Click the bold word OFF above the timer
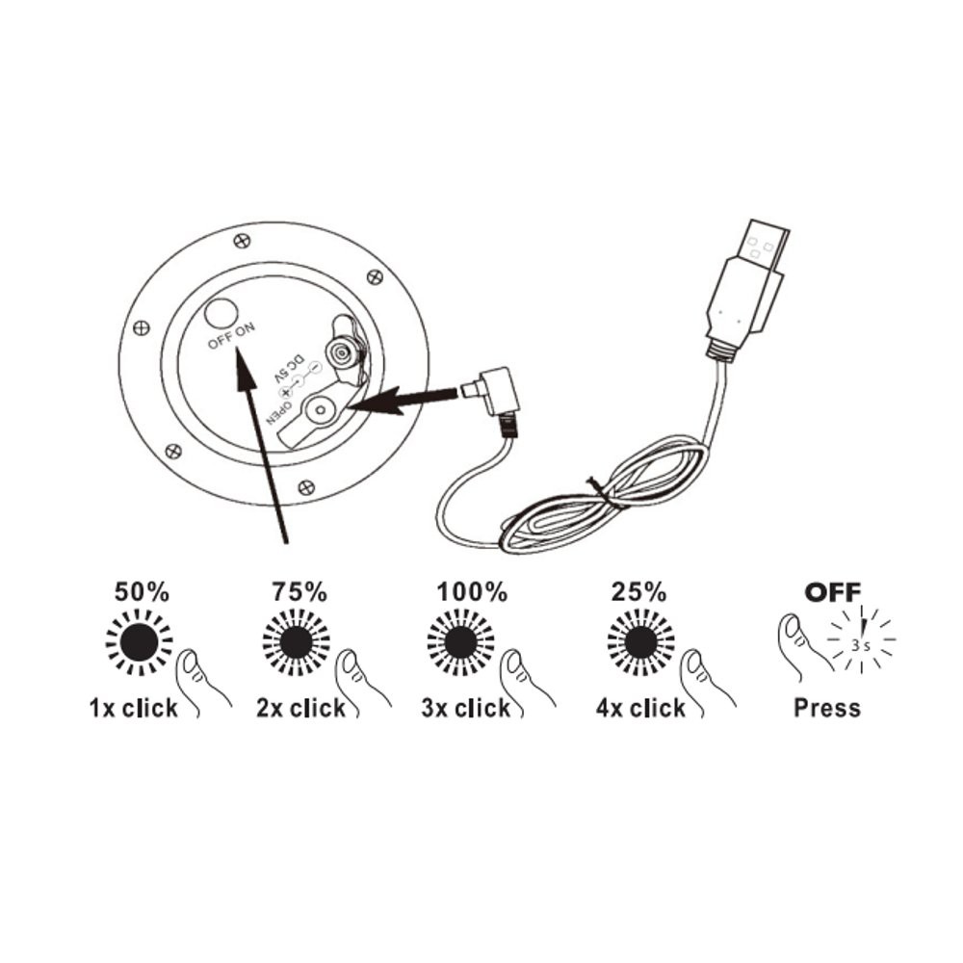click(x=833, y=591)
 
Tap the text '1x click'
click(x=134, y=709)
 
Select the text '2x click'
click(x=299, y=709)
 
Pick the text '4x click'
click(x=640, y=709)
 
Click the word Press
click(x=826, y=709)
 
